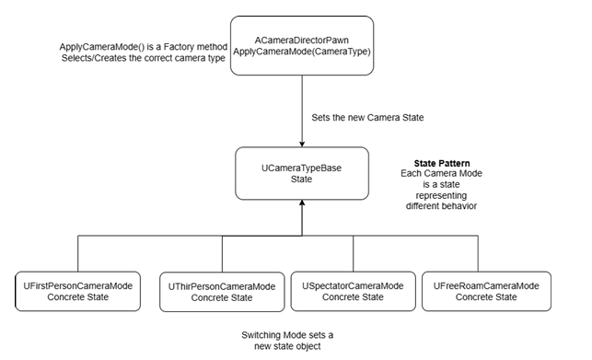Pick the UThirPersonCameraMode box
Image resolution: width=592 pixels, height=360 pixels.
(223, 293)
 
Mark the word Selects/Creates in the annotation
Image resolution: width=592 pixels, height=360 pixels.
(85, 59)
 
